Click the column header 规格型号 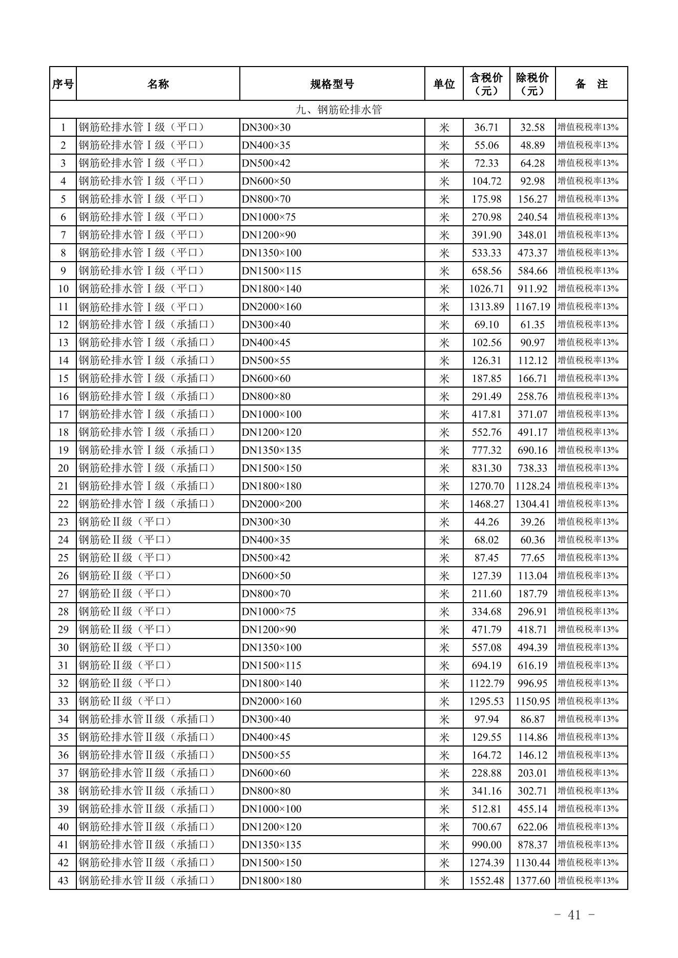(332, 84)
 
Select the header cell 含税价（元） (486, 84)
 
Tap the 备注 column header (591, 84)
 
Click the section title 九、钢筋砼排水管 (339, 110)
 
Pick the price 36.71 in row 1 (486, 127)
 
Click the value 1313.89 (486, 307)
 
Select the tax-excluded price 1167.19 (532, 307)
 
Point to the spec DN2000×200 (272, 504)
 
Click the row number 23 (63, 522)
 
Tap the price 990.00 (486, 844)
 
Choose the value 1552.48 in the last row (486, 880)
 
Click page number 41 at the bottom (574, 915)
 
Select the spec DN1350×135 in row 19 (272, 450)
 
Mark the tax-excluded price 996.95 (532, 683)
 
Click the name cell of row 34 (148, 719)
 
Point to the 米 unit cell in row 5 (444, 199)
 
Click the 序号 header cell (63, 84)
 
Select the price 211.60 (486, 593)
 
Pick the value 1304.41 (532, 504)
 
